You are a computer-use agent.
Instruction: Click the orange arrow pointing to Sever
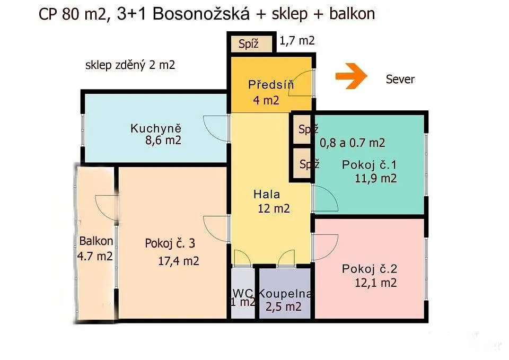point(351,76)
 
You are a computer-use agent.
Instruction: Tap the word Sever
point(400,80)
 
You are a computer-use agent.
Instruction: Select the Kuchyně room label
point(156,128)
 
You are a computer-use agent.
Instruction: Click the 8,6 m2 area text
point(163,141)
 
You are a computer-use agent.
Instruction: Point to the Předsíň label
point(271,84)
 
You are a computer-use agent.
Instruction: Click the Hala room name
point(267,195)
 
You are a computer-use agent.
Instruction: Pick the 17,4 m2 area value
point(179,261)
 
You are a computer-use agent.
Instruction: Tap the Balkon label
point(96,241)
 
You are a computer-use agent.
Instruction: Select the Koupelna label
point(285,293)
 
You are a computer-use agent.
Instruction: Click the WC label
point(242,293)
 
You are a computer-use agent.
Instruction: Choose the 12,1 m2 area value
point(375,283)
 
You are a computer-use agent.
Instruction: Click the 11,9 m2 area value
point(375,178)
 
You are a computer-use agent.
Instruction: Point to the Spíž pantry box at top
point(251,44)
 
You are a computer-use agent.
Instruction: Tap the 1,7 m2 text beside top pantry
point(297,41)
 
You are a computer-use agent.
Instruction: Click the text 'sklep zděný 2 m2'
point(130,65)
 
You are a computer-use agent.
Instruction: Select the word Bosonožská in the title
point(201,14)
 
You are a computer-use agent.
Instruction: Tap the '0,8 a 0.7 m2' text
point(353,143)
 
